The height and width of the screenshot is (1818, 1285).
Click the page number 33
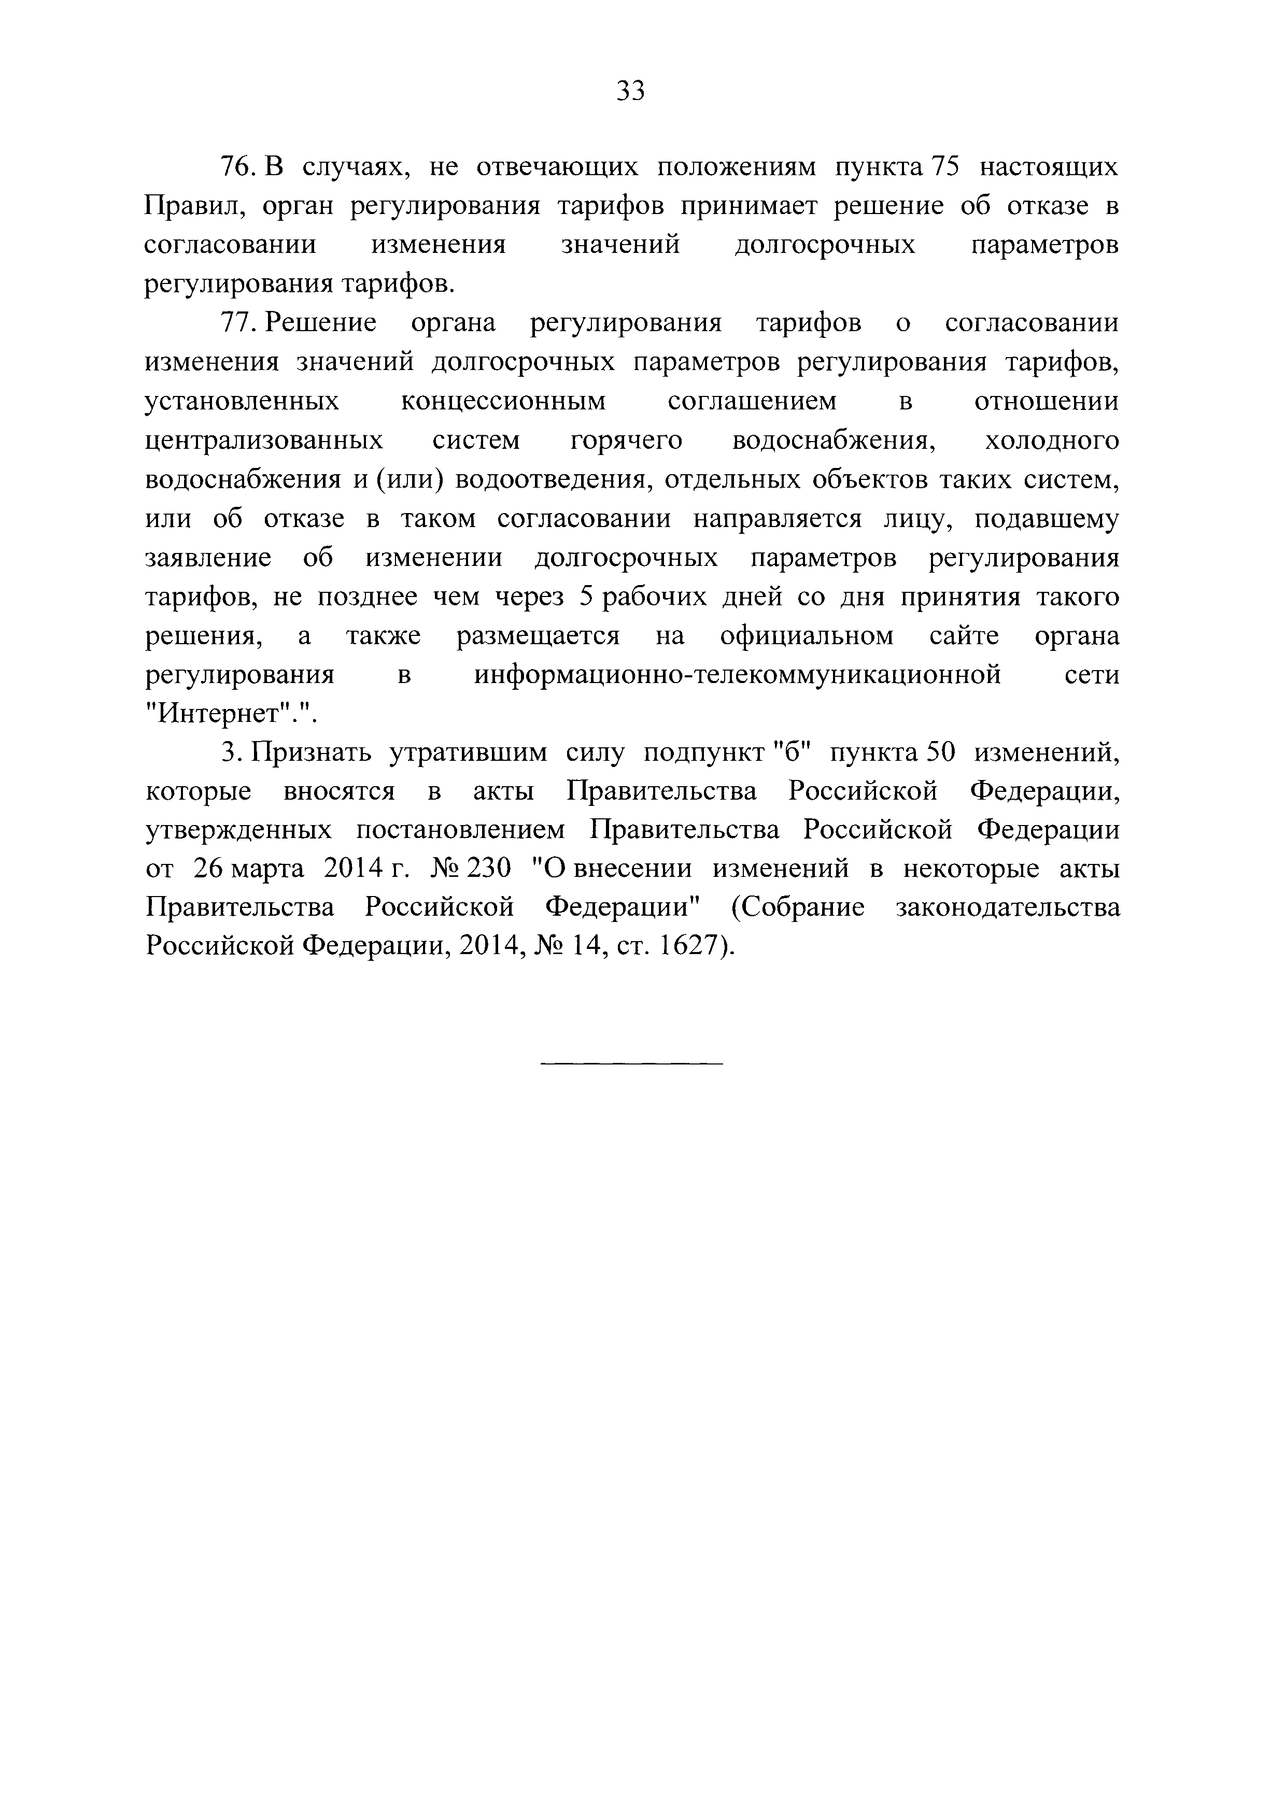point(631,92)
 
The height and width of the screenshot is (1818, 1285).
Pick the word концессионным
point(503,402)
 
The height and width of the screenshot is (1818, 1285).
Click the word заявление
point(208,558)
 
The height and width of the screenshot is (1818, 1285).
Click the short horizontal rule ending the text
point(631,1062)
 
